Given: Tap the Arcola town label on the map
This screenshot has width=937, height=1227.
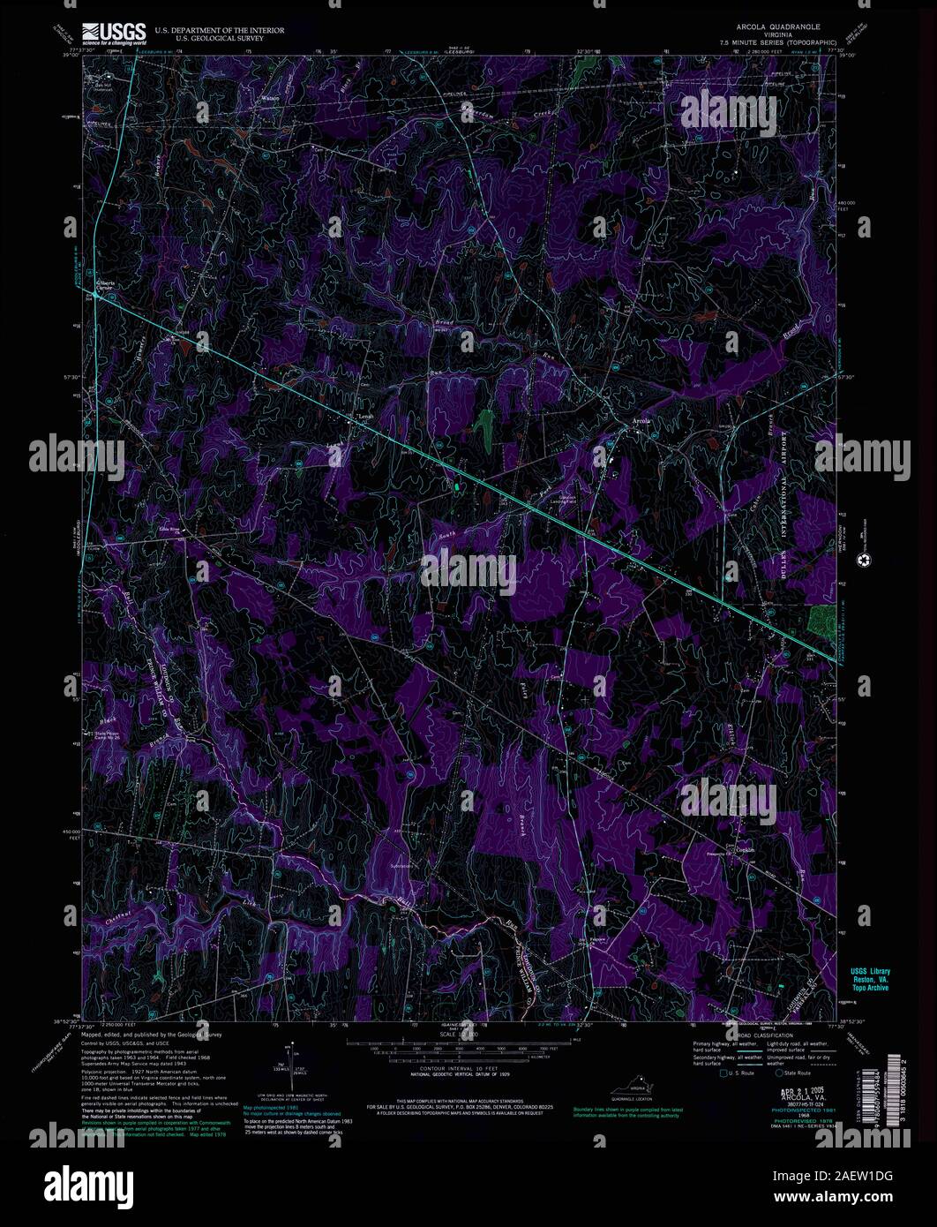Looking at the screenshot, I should (641, 421).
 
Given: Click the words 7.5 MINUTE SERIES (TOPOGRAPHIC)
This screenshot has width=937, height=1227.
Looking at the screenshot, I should (771, 41).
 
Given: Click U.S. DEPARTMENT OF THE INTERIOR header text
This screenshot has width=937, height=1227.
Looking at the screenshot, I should (220, 30).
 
